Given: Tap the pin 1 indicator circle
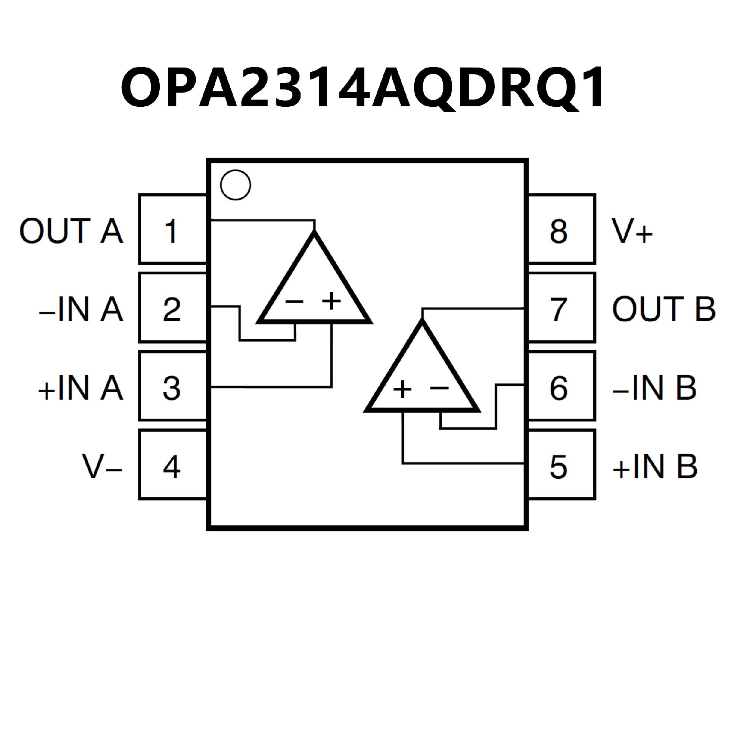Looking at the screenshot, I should click(235, 185).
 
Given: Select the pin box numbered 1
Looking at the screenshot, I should click(172, 230).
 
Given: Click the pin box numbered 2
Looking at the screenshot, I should click(172, 308).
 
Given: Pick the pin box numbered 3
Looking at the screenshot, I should click(172, 387).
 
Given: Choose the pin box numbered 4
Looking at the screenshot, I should click(172, 465).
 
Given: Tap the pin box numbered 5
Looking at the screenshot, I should click(562, 465).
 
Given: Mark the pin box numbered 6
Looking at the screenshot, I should click(562, 387).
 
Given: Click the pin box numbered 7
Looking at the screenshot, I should click(562, 308).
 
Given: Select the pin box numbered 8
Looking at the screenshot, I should click(562, 230).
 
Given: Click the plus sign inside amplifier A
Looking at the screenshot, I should click(331, 301).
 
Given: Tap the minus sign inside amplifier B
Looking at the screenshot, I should click(440, 388).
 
